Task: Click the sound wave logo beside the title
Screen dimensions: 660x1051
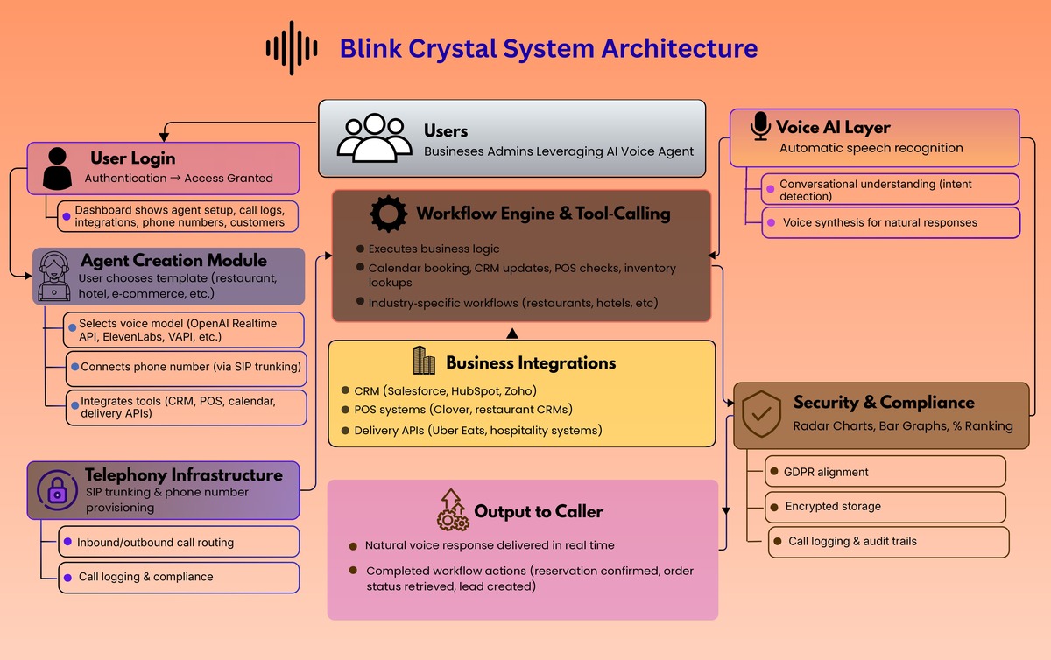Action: (292, 48)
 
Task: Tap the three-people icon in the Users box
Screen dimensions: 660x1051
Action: (374, 138)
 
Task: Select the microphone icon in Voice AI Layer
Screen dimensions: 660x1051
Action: (760, 127)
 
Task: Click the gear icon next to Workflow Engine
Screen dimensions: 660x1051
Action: (388, 214)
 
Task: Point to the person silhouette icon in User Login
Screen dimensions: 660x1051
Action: (58, 168)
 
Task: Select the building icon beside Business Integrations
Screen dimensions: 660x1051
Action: (424, 362)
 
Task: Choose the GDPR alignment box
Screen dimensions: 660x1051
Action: (885, 472)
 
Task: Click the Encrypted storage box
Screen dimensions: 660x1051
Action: (885, 507)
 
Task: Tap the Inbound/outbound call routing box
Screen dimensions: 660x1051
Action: (179, 543)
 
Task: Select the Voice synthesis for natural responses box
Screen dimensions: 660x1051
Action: (890, 222)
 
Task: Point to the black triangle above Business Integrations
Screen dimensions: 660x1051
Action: (512, 334)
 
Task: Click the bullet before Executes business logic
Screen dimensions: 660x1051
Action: (360, 249)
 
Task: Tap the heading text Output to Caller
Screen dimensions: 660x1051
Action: (539, 511)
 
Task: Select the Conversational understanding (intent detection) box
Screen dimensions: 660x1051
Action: (890, 190)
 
